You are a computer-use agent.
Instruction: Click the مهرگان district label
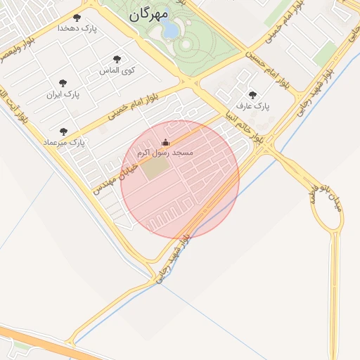pyautogui.click(x=149, y=14)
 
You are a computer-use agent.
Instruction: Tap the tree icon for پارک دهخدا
pyautogui.click(x=77, y=18)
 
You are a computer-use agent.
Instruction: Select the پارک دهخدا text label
pyautogui.click(x=77, y=28)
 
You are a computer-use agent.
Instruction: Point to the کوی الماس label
pyautogui.click(x=118, y=70)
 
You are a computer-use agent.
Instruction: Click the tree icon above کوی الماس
pyautogui.click(x=117, y=60)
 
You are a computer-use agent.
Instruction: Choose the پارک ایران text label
pyautogui.click(x=64, y=94)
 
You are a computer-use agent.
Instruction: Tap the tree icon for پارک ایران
pyautogui.click(x=63, y=83)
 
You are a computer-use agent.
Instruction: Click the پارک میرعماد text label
pyautogui.click(x=66, y=142)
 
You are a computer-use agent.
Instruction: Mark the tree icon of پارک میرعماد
pyautogui.click(x=63, y=131)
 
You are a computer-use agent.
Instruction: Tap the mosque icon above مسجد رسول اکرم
pyautogui.click(x=166, y=142)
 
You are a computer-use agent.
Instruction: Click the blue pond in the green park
pyautogui.click(x=169, y=30)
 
